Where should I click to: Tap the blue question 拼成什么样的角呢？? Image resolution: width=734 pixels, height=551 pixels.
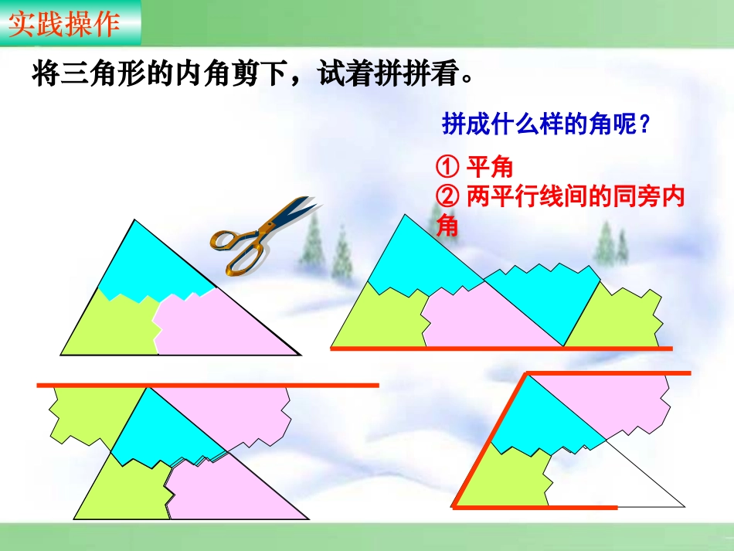coord(544,124)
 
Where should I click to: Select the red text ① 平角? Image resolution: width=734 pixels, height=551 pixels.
coord(474,167)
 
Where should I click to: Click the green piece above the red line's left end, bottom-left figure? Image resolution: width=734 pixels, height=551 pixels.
coord(85,413)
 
